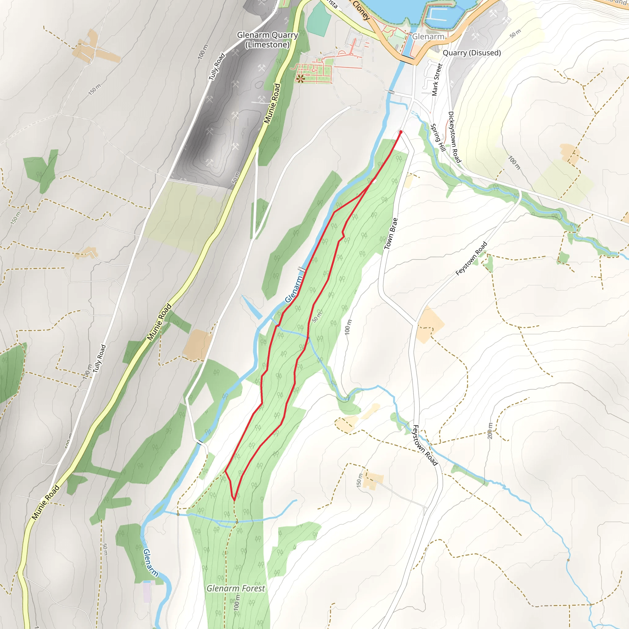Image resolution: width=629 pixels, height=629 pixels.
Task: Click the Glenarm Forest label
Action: point(236,588)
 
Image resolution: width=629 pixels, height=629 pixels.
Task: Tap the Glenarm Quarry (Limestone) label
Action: point(267,40)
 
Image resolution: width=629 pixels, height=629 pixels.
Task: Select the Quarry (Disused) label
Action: point(472,53)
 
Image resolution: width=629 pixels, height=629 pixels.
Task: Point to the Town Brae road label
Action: point(391,234)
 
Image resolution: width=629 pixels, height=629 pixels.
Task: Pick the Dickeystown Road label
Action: point(455,137)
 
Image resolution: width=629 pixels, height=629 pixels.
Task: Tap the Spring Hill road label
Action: point(438,137)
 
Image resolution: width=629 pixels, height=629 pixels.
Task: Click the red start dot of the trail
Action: point(401,132)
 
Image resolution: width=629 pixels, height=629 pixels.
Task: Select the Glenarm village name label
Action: point(428,37)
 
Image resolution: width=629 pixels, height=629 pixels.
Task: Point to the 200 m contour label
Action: point(490,431)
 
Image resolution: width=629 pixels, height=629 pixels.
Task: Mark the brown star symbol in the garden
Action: point(300,78)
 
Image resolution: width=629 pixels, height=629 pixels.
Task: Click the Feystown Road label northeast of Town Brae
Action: point(471,259)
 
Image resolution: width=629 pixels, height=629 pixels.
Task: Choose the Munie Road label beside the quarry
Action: point(272,104)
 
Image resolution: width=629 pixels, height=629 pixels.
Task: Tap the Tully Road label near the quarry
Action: point(217,67)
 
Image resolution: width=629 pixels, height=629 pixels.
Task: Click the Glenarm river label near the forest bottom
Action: point(150,563)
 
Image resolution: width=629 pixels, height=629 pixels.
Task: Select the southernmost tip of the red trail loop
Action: point(234,500)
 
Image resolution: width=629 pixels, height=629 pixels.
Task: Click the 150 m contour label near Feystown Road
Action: point(359,480)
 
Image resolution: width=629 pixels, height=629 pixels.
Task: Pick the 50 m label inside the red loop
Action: point(317,317)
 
